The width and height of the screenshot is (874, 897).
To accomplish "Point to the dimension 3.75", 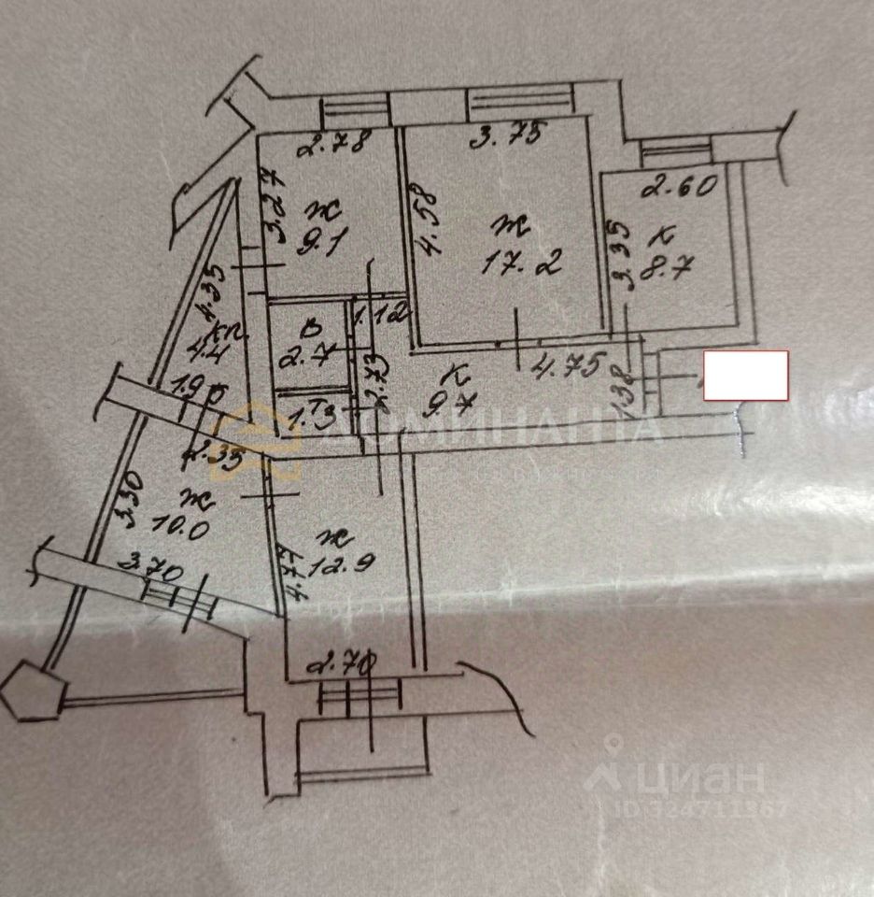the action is click(505, 136).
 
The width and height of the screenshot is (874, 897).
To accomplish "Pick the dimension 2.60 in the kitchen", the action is click(680, 186).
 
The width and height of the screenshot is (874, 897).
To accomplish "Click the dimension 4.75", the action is click(570, 361).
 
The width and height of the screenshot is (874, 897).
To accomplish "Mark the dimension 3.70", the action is click(155, 566).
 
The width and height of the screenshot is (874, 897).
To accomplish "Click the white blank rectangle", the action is click(745, 376).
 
